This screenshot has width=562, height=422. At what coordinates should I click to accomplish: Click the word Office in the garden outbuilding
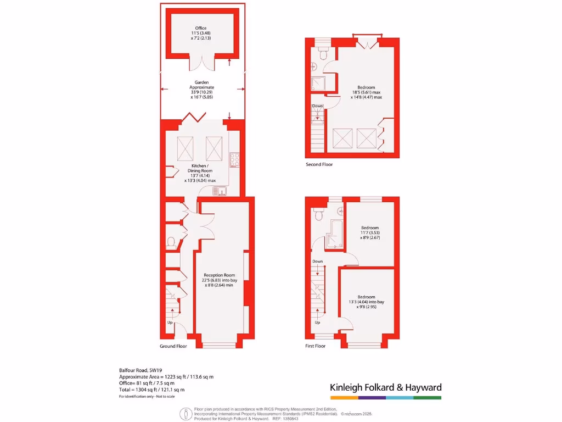click(201, 28)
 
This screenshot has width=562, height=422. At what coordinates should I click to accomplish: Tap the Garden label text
click(201, 82)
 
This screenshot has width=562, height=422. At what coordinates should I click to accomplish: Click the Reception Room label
click(219, 275)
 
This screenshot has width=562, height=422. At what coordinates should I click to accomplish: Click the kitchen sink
click(220, 191)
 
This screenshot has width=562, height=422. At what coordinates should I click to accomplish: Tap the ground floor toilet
click(171, 242)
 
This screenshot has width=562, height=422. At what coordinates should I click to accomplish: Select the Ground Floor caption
click(173, 346)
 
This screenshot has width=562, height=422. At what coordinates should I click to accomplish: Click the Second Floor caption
click(319, 164)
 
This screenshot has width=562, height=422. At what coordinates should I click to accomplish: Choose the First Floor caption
click(316, 346)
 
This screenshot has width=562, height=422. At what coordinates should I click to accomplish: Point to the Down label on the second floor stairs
click(317, 106)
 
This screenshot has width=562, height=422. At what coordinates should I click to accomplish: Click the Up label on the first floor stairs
click(317, 323)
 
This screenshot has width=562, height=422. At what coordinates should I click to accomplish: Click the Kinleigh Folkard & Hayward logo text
click(385, 387)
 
